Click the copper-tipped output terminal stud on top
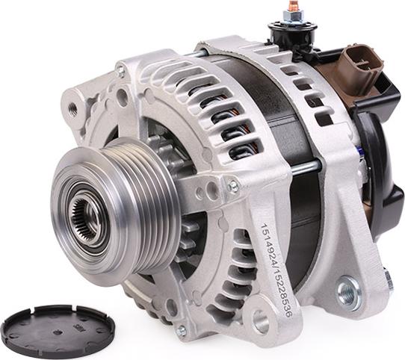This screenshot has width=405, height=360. (293, 7)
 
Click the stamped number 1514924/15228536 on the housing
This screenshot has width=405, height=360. (276, 270)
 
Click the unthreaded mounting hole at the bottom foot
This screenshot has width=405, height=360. (260, 322)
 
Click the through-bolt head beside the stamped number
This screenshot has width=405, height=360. (234, 186)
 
